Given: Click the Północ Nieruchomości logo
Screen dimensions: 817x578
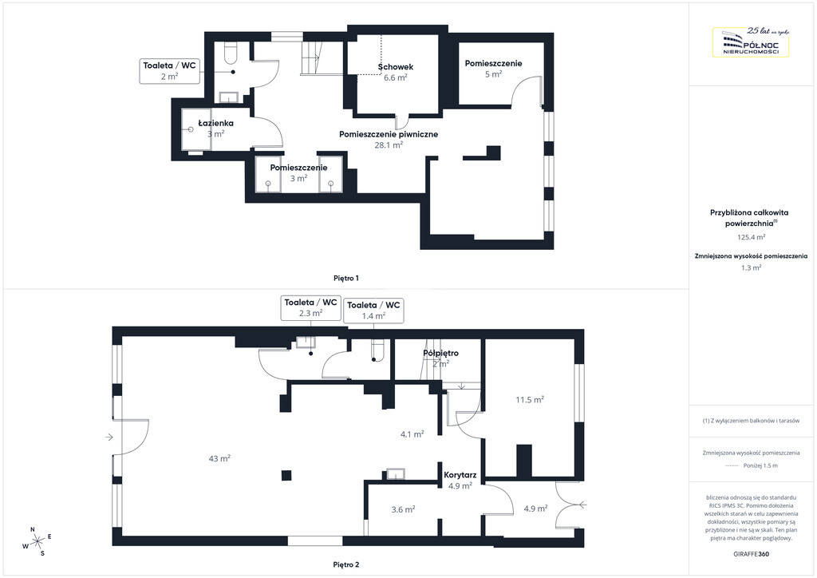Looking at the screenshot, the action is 750,42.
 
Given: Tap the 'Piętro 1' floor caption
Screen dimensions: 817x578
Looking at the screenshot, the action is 346,279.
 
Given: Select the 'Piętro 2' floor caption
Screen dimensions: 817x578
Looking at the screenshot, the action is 346,564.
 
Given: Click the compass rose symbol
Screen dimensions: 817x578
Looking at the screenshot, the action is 37,541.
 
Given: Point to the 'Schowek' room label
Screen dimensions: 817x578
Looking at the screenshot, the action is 396,67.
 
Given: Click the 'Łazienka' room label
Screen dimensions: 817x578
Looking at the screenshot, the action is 215,123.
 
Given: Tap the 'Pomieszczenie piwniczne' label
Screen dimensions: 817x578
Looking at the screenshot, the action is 389,134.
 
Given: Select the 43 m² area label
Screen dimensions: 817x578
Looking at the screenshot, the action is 219,458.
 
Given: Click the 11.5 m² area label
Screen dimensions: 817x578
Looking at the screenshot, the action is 530,400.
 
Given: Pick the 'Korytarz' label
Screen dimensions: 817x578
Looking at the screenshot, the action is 460,475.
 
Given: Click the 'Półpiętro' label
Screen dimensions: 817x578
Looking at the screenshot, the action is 440,353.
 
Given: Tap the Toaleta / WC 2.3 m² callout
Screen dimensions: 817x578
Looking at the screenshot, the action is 310,307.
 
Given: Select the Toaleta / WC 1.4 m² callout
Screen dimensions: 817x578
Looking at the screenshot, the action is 373,310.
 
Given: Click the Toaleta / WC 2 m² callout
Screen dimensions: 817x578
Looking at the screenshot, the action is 169,71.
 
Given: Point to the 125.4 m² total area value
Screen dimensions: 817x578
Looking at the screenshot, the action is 751,237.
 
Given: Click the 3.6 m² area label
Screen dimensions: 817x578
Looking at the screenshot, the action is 403,509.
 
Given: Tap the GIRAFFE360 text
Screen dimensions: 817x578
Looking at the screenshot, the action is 751,554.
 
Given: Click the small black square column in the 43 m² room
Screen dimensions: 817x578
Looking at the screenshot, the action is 286,475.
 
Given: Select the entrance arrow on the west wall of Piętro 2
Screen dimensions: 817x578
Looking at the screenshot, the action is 109,437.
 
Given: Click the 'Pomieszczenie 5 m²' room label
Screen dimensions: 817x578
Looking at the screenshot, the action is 493,69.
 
